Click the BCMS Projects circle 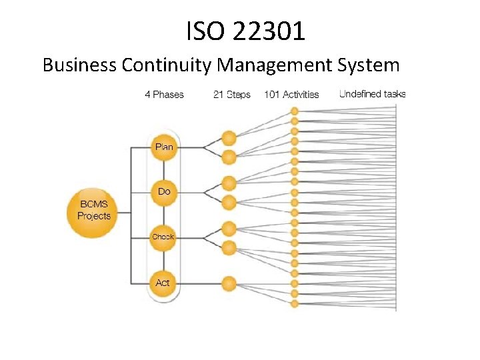[x=93, y=212]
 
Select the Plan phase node [x=163, y=147]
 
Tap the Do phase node [x=163, y=192]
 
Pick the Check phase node [x=163, y=237]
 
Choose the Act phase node [x=163, y=283]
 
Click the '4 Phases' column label [x=164, y=95]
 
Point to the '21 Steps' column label [x=231, y=95]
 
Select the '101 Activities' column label [x=291, y=95]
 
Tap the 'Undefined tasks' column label [x=372, y=94]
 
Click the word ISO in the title [x=203, y=31]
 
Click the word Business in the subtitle [x=79, y=65]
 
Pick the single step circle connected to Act [x=229, y=283]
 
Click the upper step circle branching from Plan [x=229, y=139]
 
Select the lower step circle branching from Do [x=229, y=202]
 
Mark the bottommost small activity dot [x=294, y=304]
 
